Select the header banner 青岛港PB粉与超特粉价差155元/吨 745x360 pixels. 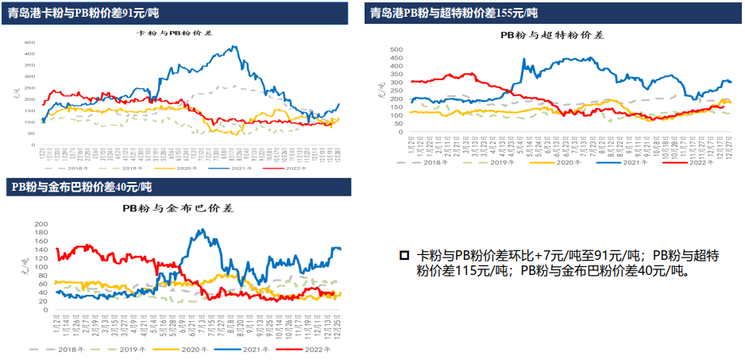(454, 13)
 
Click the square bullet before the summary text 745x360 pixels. (404, 256)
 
